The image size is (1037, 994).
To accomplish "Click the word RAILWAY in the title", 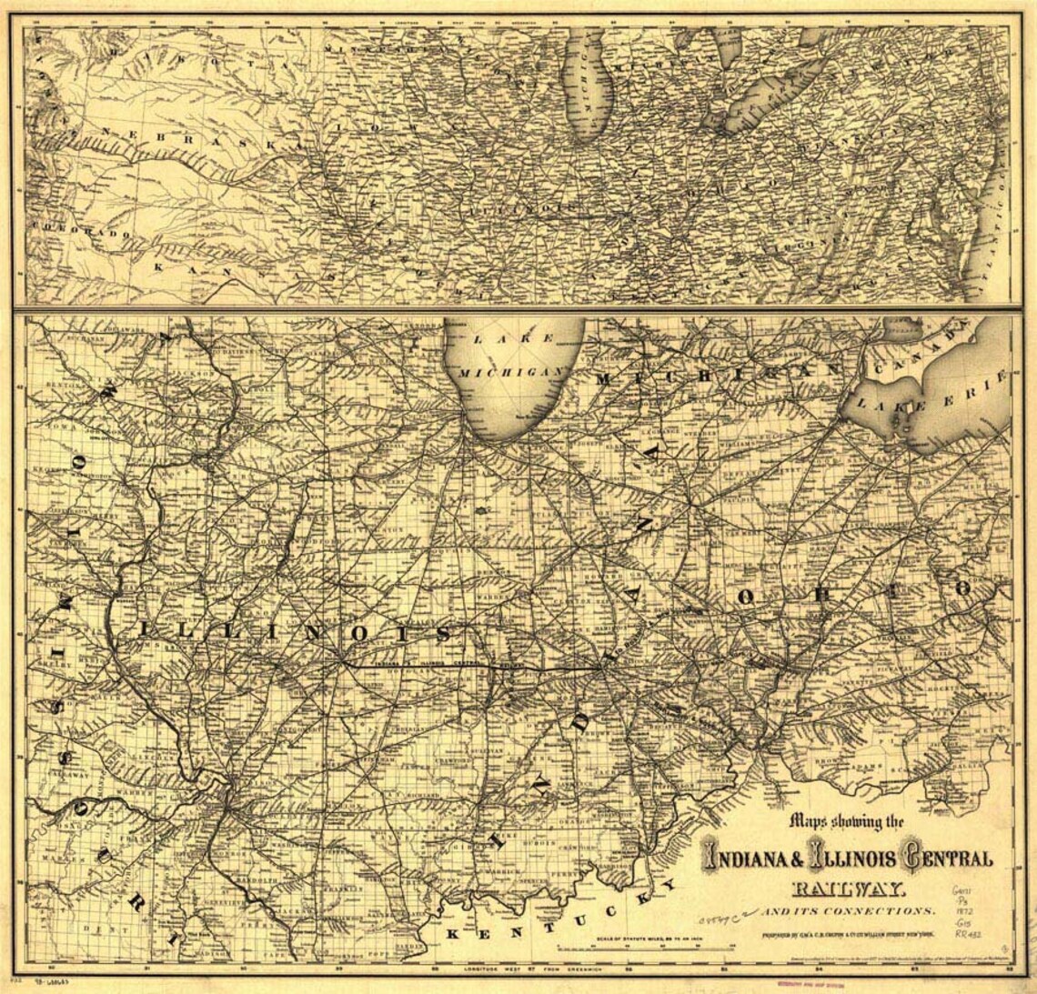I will pyautogui.click(x=847, y=889).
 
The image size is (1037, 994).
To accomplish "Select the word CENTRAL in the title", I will pyautogui.click(x=946, y=858).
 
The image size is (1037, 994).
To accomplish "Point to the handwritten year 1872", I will pyautogui.click(x=965, y=909).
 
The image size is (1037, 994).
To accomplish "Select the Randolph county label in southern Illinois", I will pyautogui.click(x=258, y=881).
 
